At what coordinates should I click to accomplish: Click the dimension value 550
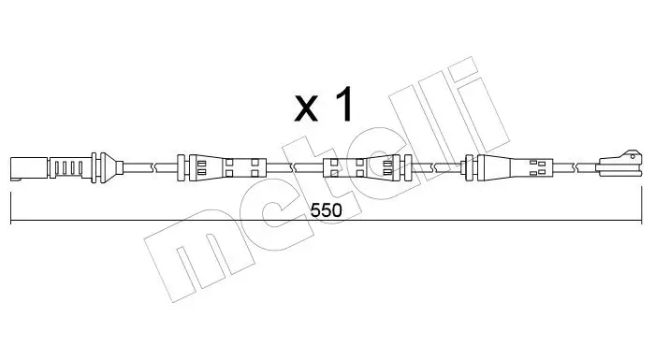(327, 210)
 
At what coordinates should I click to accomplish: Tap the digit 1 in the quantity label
(343, 105)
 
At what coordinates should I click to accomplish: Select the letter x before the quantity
(306, 108)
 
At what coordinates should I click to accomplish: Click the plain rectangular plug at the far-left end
(29, 168)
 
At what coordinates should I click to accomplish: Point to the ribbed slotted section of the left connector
(69, 167)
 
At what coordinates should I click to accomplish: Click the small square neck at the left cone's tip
(120, 167)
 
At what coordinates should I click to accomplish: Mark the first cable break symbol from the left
(153, 167)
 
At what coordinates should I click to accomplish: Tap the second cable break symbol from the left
(295, 167)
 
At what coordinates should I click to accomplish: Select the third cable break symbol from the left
(436, 167)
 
